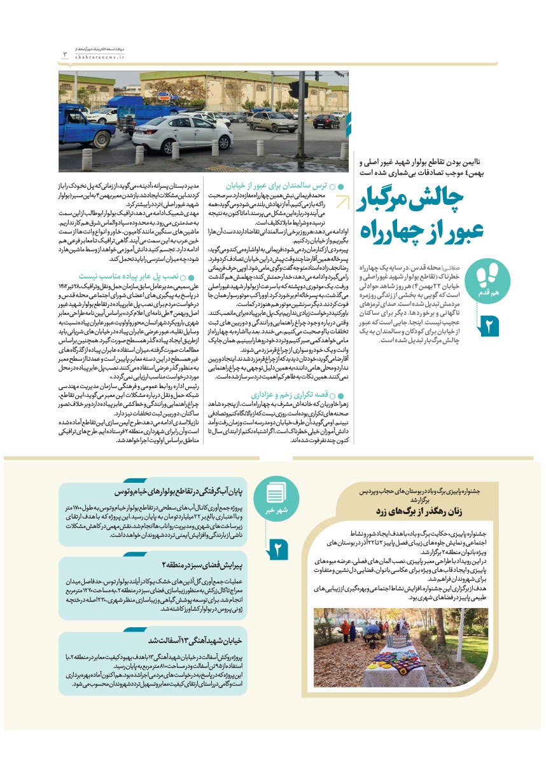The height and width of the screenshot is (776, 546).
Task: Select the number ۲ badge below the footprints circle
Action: pos(492,326)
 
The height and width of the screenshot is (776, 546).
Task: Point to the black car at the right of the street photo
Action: pos(326,121)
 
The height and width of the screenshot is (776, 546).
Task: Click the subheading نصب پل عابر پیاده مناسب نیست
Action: pos(130,277)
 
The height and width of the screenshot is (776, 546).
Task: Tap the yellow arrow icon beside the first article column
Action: pos(342,202)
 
